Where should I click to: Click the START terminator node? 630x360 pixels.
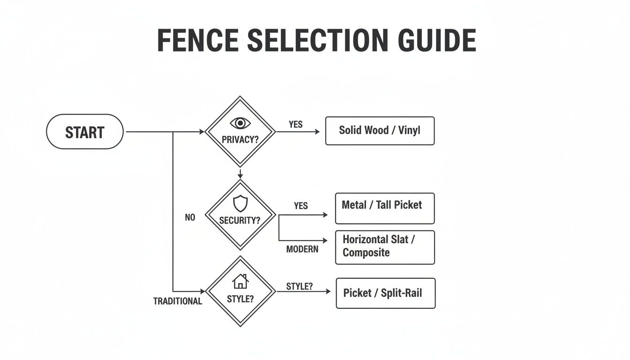[x=85, y=132]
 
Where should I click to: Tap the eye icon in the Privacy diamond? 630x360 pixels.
[x=240, y=123]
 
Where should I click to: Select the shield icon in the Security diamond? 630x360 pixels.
[x=240, y=204]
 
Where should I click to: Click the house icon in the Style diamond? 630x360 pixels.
[x=240, y=281]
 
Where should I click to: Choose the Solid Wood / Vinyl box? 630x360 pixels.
[x=380, y=131]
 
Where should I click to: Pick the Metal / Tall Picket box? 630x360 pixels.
[x=385, y=208]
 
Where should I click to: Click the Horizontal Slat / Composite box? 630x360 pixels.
[x=385, y=247]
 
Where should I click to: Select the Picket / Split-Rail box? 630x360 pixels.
[x=385, y=293]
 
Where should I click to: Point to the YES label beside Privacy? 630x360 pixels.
[x=296, y=125]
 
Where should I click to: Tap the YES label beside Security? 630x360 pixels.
[x=301, y=206]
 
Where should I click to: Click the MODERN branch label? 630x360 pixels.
[x=302, y=249]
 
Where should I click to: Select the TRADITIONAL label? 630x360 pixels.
[x=178, y=301]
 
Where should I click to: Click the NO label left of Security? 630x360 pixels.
[x=190, y=218]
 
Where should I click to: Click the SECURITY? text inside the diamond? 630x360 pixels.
[x=240, y=220]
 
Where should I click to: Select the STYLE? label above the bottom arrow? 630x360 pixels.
[x=299, y=286]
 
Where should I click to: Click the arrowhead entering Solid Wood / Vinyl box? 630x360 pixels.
[x=317, y=132]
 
